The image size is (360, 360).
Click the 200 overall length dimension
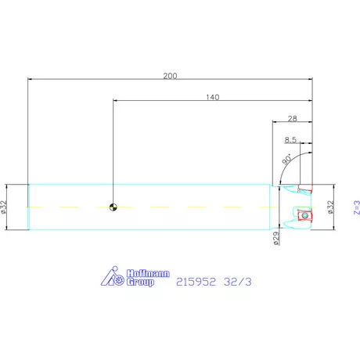click(170, 76)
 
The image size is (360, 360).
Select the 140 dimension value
click(213, 97)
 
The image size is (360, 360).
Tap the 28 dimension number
click(293, 119)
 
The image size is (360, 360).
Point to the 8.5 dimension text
click(290, 140)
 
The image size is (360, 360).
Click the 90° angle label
click(286, 159)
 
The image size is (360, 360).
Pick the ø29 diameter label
click(276, 239)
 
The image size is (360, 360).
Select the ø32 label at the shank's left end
click(3, 207)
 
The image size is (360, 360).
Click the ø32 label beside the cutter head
click(330, 207)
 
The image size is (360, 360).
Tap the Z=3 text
click(357, 207)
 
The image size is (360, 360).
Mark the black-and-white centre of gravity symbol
click(113, 207)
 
